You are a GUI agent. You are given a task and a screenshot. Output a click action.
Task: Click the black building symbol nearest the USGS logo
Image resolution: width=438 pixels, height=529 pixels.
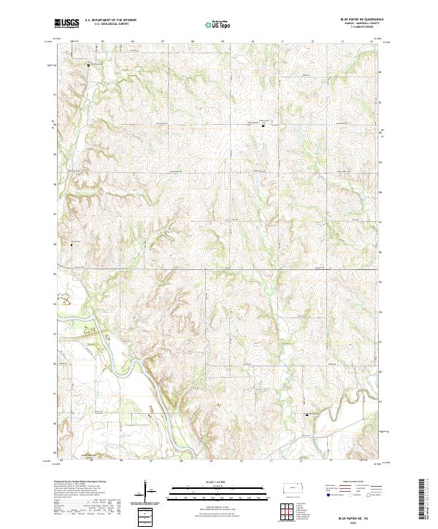[x=89, y=66]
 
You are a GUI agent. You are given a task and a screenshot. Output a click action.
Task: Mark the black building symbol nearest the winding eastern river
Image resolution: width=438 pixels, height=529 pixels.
[x=306, y=415]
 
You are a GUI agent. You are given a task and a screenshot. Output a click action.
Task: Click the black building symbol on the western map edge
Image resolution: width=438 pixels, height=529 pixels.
[x=71, y=244]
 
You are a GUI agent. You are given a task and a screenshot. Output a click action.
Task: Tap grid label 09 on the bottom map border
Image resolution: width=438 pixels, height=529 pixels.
[x=211, y=461]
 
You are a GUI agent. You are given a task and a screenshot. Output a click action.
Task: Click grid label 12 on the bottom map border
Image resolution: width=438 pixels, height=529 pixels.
[x=300, y=461]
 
